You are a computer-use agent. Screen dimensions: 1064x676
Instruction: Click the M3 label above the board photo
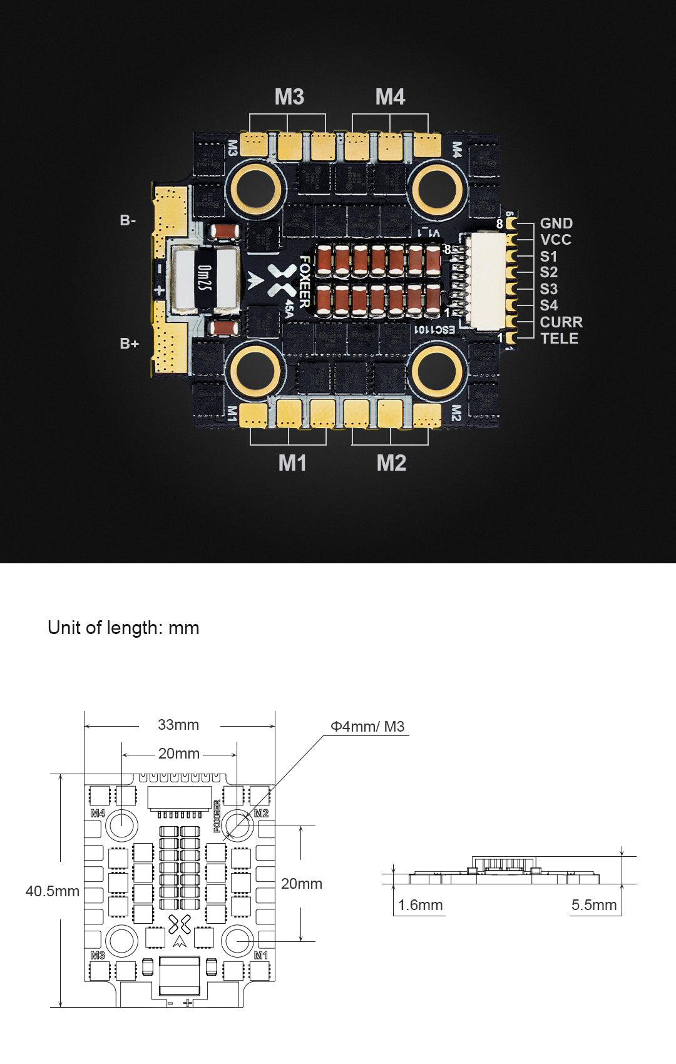[289, 97]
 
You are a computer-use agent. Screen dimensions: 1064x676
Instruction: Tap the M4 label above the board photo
[390, 97]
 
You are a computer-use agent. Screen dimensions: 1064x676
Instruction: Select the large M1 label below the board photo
[292, 463]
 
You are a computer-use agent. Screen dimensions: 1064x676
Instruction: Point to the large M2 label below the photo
[391, 463]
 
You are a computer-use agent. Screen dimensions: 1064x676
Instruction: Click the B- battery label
[128, 220]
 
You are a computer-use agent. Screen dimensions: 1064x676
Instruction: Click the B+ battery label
[129, 344]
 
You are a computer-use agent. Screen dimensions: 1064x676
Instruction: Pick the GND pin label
[556, 223]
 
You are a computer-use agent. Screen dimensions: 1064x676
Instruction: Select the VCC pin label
[555, 240]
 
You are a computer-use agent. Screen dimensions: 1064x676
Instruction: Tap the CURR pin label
[561, 322]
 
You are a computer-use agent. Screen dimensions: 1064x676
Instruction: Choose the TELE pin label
[559, 339]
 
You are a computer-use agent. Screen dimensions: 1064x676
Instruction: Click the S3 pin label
[548, 289]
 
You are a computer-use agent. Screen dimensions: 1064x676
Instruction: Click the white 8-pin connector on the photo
[485, 280]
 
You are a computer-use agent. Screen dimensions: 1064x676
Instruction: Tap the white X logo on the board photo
[282, 280]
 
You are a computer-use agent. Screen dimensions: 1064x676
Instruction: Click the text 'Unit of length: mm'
[123, 628]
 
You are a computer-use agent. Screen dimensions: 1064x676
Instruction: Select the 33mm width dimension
[178, 725]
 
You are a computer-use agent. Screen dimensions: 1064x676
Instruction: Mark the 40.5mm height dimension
[53, 891]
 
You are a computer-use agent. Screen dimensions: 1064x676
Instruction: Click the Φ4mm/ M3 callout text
[367, 727]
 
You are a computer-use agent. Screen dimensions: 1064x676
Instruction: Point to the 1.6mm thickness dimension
[420, 905]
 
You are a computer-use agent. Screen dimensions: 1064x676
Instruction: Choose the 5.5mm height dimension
[593, 905]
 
